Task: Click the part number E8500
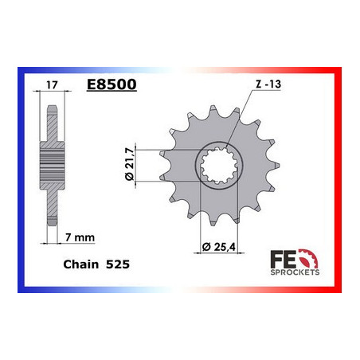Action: coord(112,84)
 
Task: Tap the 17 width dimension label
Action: coord(52,85)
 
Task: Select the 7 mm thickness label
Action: coord(80,237)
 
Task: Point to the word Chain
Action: coord(80,264)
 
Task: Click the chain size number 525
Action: coord(118,264)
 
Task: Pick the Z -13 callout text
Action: coord(268,84)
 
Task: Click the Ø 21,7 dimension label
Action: coord(130,165)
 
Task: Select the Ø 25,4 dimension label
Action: coord(218,247)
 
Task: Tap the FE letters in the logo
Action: coord(283,259)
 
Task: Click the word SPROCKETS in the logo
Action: coord(295,272)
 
